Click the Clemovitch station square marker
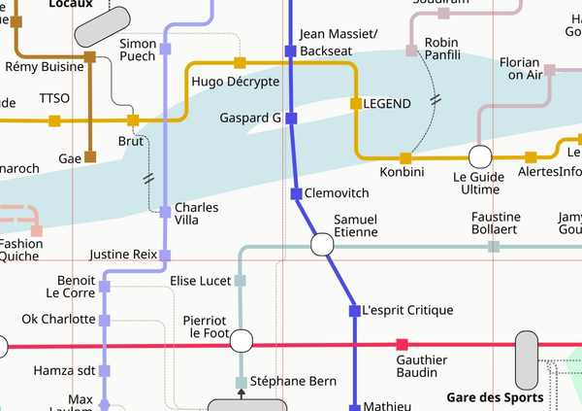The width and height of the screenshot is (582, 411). point(297,193)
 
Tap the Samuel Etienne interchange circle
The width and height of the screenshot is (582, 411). point(321,245)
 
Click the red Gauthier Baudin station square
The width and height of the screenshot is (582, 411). point(403,345)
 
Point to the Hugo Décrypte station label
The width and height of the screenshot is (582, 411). point(236,82)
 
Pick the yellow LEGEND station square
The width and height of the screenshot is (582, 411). point(355,103)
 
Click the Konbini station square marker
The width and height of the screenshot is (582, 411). point(405,157)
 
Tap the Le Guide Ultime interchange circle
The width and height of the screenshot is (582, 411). point(479,156)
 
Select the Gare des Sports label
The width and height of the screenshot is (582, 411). point(495,396)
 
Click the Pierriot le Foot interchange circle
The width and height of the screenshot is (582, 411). point(241,340)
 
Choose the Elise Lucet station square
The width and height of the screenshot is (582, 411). point(241,281)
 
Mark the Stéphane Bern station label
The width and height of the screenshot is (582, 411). point(293,381)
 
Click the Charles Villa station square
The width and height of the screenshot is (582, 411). point(165,210)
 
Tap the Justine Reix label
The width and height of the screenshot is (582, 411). point(122,255)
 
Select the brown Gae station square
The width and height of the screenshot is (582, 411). point(89,156)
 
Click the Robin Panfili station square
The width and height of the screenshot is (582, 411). point(411,50)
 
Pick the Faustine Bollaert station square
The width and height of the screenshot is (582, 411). point(494,247)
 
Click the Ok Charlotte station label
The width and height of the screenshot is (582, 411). point(58,319)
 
